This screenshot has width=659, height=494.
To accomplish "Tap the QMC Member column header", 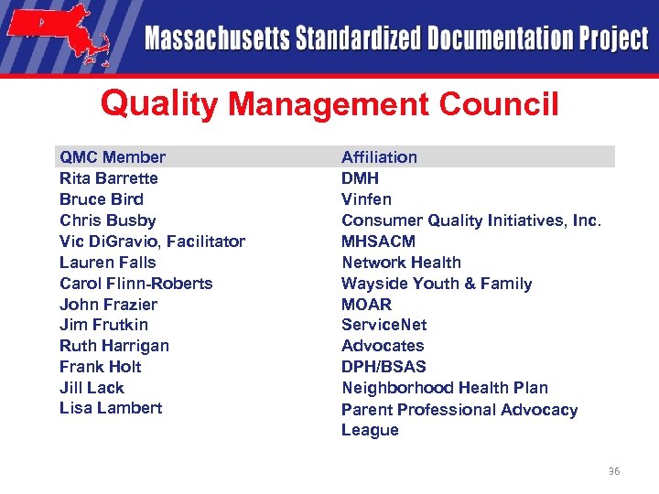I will click(x=113, y=157).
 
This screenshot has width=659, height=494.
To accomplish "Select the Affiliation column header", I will click(x=379, y=157).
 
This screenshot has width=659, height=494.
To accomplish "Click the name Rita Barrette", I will click(x=108, y=178).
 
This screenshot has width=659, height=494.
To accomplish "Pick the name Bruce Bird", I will click(x=101, y=199).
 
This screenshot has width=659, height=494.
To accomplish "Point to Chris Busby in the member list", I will click(x=107, y=220).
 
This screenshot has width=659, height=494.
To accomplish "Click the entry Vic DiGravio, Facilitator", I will click(x=152, y=242).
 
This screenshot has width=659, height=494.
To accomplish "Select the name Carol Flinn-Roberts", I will click(x=135, y=284).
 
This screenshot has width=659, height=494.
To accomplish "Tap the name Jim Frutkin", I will click(x=103, y=325).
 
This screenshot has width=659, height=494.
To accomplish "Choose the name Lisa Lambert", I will click(x=110, y=408).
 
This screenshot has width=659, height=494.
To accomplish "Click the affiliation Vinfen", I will click(x=366, y=199).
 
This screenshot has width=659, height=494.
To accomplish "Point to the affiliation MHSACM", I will click(x=378, y=242).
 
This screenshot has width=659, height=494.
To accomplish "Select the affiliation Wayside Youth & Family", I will click(x=436, y=284).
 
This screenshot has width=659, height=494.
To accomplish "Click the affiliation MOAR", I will click(x=366, y=305).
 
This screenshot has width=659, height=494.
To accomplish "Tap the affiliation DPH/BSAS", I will click(x=384, y=367).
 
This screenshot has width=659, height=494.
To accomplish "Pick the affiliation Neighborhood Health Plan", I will click(x=444, y=388).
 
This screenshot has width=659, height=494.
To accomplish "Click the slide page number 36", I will click(x=613, y=471).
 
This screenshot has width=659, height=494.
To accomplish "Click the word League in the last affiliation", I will click(x=370, y=430).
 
